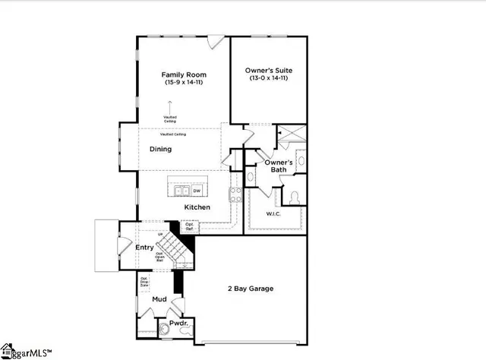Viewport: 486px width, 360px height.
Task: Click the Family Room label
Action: pyautogui.click(x=184, y=74)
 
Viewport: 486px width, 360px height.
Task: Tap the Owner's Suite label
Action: pyautogui.click(x=270, y=71)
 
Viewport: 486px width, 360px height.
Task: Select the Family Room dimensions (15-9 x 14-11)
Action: pyautogui.click(x=184, y=82)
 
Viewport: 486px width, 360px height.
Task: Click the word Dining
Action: pyautogui.click(x=160, y=150)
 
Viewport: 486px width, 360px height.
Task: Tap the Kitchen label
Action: pyautogui.click(x=197, y=207)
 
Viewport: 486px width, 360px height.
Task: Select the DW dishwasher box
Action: pyautogui.click(x=197, y=191)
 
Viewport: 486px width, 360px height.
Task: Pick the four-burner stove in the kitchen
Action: pyautogui.click(x=235, y=194)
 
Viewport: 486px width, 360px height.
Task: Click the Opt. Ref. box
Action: pyautogui.click(x=190, y=226)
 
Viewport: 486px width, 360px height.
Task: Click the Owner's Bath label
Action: pyautogui.click(x=275, y=166)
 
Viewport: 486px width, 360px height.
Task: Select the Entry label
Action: pyautogui.click(x=144, y=248)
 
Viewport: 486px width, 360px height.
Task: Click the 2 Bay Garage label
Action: pyautogui.click(x=251, y=289)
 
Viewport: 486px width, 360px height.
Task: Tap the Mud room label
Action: pyautogui.click(x=159, y=300)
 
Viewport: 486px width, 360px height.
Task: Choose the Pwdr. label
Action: pyautogui.click(x=179, y=323)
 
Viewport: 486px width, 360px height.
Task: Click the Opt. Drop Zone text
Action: pyautogui.click(x=144, y=283)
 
